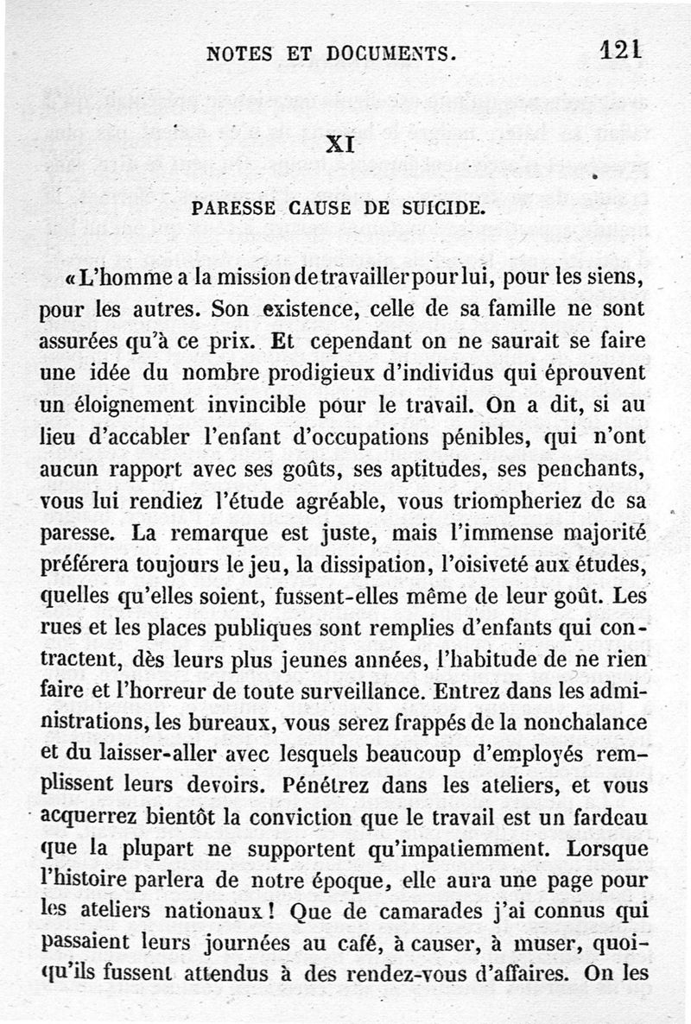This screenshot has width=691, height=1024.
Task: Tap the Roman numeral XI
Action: (340, 144)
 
